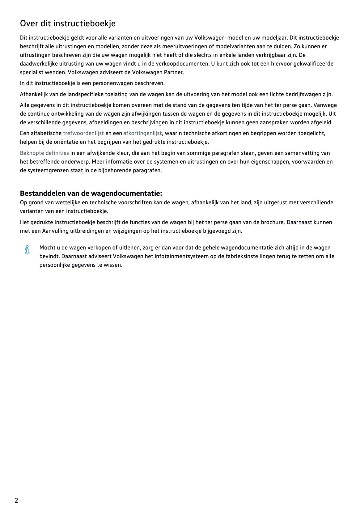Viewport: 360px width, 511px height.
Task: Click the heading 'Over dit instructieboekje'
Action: pyautogui.click(x=68, y=23)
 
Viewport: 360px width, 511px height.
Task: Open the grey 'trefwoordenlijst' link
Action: pyautogui.click(x=83, y=133)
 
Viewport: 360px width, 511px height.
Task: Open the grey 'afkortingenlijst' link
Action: pyautogui.click(x=142, y=133)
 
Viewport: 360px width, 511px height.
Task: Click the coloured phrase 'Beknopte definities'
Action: pyautogui.click(x=44, y=153)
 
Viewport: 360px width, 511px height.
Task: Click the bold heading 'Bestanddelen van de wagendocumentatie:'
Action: pyautogui.click(x=91, y=193)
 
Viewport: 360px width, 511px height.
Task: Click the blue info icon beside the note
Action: pyautogui.click(x=27, y=249)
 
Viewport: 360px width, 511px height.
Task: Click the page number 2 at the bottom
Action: pyautogui.click(x=16, y=500)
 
